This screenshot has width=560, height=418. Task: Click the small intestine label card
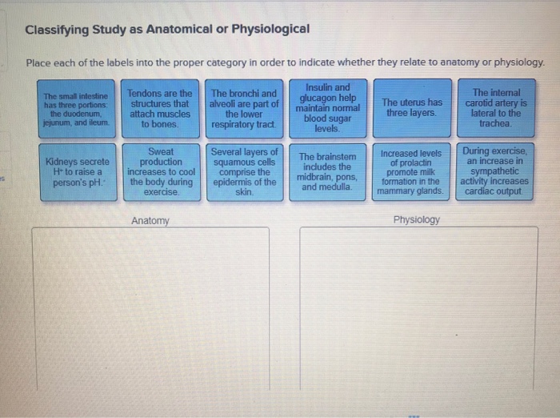point(77,109)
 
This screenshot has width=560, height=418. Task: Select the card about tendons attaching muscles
point(160,109)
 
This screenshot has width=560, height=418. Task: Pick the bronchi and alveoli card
point(244,109)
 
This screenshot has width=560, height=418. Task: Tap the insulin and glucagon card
point(328,108)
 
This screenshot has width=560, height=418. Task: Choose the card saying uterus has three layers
point(412,108)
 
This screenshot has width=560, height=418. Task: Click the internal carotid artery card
point(496,108)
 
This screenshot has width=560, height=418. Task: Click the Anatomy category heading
point(150,220)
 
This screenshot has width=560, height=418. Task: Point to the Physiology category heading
point(417,219)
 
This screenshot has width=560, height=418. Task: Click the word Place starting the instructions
point(39,62)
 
